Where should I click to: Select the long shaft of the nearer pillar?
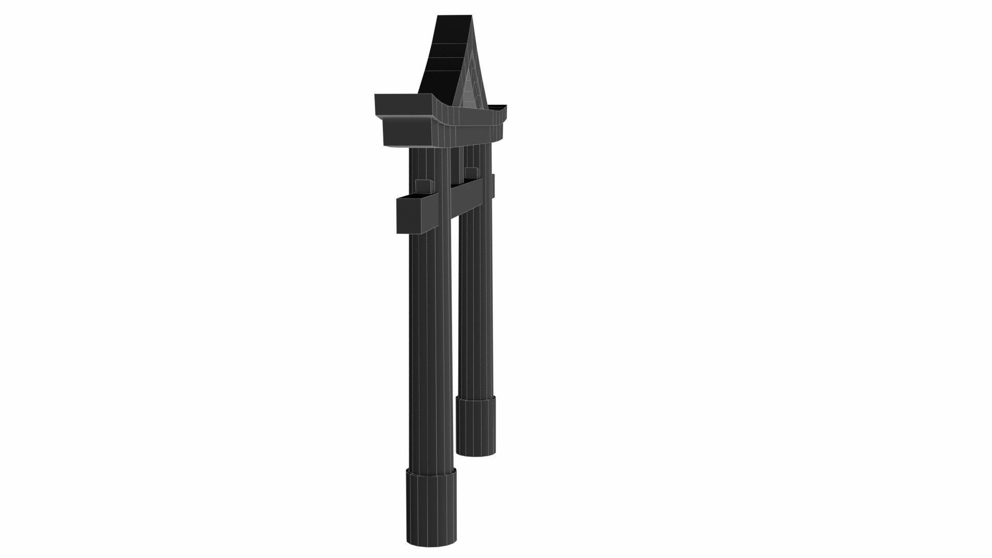(430, 336)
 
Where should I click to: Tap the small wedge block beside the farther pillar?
(471, 172)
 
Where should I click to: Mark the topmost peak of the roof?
(455, 17)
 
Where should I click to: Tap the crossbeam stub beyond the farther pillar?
(493, 186)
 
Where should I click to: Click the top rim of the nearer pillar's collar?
(431, 471)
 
